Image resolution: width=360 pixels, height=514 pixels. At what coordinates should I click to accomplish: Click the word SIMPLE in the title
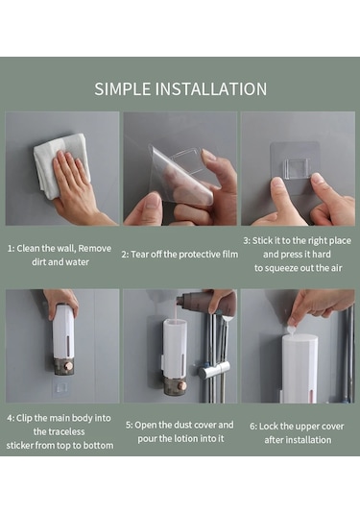coord(123,88)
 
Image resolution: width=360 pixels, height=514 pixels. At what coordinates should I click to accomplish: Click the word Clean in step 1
coord(30,249)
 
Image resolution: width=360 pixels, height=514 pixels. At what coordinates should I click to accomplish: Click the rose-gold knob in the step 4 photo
coord(69,366)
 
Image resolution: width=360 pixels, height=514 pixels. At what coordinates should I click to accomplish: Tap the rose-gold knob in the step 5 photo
coord(182,385)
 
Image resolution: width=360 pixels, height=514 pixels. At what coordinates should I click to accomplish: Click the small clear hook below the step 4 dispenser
coord(61,388)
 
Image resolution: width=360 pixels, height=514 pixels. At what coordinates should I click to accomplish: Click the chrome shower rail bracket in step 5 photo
coord(214,371)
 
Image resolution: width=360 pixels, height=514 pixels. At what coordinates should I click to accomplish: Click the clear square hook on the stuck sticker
coord(297,169)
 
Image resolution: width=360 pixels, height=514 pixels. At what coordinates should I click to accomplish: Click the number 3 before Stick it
coord(246,241)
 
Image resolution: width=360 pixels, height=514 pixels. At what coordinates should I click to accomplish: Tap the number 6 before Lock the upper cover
coord(252,427)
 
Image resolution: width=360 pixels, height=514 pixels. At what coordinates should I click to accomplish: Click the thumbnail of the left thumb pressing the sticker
coord(278,183)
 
